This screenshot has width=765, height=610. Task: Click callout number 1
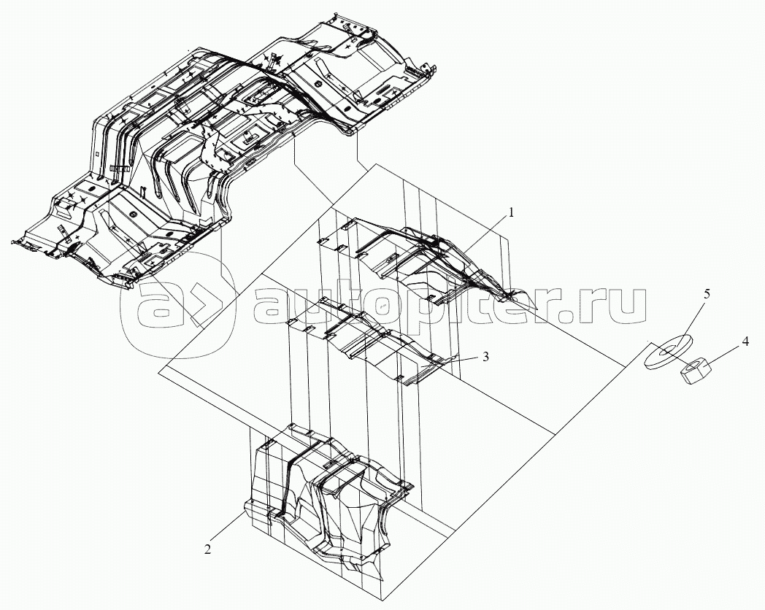[x=511, y=212]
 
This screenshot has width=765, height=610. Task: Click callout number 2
[x=208, y=549]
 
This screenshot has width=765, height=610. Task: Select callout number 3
[x=485, y=357]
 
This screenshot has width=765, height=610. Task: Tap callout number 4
[x=745, y=341]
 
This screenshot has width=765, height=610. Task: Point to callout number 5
[x=707, y=293]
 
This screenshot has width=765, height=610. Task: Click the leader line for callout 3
[x=464, y=359]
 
